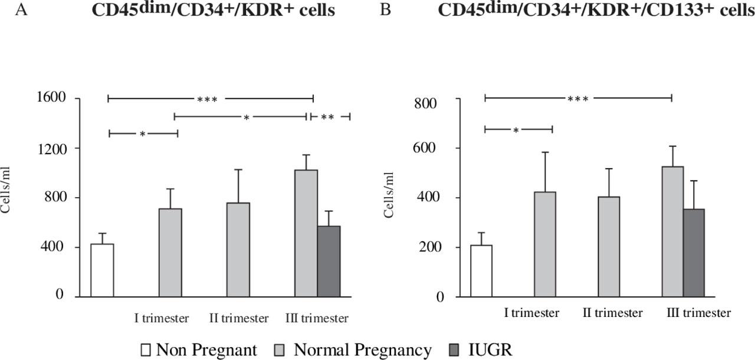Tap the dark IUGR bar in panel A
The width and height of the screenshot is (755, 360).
coord(329,260)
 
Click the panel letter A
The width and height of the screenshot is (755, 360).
coord(22,10)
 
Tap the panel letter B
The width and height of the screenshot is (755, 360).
coord(385,10)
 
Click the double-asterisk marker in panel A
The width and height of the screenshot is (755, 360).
coord(327,117)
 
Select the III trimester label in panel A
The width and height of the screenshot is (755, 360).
coord(317,319)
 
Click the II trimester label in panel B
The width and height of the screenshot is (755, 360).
coord(613,313)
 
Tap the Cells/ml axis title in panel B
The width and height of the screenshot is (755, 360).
coord(389,195)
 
